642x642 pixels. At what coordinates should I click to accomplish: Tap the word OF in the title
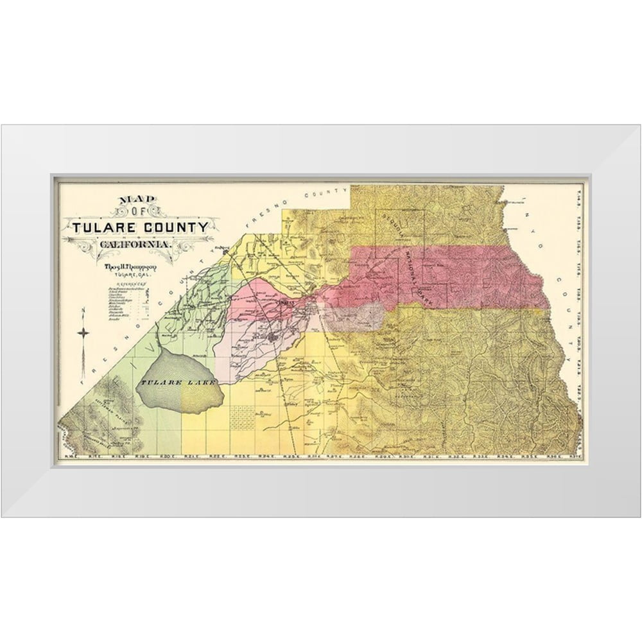pyautogui.click(x=140, y=213)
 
